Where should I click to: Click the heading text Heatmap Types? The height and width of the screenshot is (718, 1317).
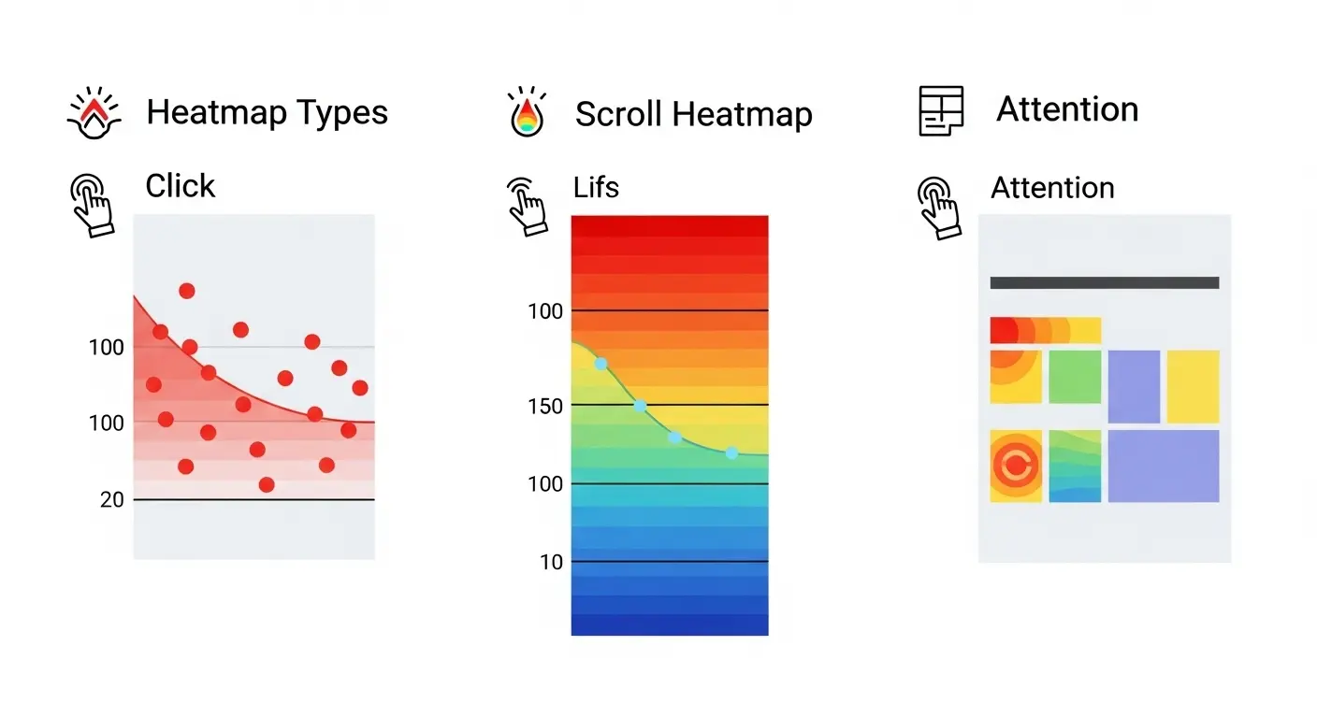(267, 113)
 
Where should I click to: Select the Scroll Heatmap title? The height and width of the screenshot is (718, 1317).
(693, 115)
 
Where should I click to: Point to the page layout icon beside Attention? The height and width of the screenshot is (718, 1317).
(941, 111)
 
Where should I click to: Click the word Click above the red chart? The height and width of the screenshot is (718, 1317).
(181, 186)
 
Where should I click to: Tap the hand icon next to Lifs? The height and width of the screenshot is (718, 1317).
(527, 200)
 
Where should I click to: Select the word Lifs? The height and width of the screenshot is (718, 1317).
(596, 187)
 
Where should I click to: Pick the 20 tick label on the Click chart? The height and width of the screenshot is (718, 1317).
(112, 500)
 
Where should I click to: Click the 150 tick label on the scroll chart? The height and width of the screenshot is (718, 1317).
(544, 407)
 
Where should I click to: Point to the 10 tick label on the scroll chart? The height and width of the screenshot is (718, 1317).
(552, 562)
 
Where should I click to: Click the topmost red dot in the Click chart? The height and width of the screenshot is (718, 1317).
(186, 291)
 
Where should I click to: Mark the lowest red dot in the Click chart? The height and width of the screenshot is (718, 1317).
(267, 484)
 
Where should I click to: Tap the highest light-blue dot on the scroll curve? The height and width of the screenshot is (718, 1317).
(601, 363)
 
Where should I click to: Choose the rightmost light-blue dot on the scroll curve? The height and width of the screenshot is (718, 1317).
(731, 452)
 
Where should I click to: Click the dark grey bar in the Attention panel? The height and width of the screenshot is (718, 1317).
(1104, 282)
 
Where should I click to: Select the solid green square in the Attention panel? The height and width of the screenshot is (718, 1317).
(1075, 377)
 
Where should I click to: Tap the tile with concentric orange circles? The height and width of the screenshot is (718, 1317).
(1016, 466)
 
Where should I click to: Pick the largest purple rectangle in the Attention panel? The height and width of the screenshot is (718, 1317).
(1164, 466)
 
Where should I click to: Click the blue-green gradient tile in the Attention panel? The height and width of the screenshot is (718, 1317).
(1075, 466)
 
